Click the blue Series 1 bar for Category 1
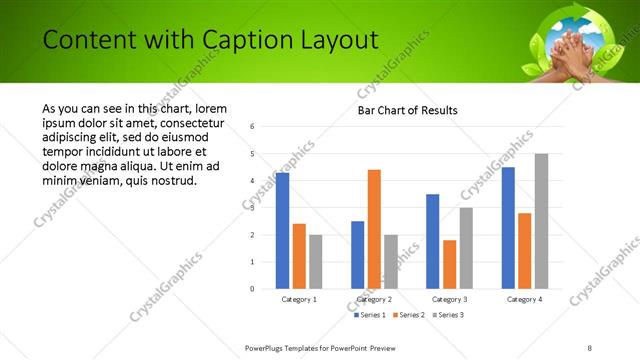pos(282,230)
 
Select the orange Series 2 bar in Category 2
pos(374,229)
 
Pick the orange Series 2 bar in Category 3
pos(449,264)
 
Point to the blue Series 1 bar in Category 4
pos(508,227)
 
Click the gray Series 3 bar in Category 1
pos(315,261)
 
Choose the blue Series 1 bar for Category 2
pos(357,254)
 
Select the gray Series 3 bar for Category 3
pos(466,248)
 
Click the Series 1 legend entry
pos(371,316)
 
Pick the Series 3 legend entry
pos(448,316)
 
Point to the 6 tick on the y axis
pos(253,127)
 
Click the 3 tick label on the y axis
pos(253,208)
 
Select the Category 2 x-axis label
pos(374,299)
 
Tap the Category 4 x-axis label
pos(524,299)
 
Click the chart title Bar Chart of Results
pos(408,110)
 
